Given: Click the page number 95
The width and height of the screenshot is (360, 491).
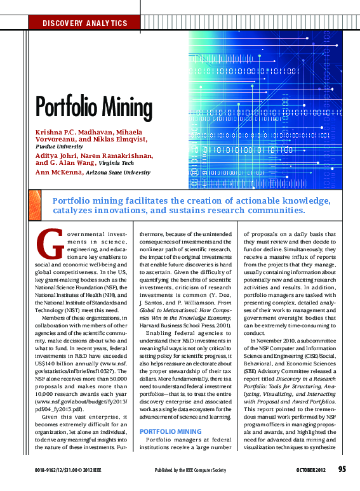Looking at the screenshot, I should click(342, 469).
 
